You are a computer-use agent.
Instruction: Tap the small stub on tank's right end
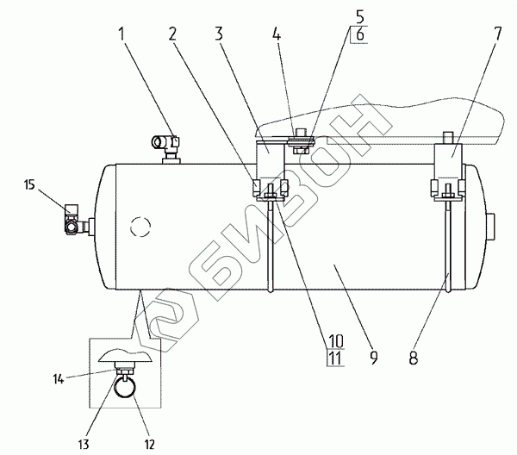(x=492, y=227)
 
